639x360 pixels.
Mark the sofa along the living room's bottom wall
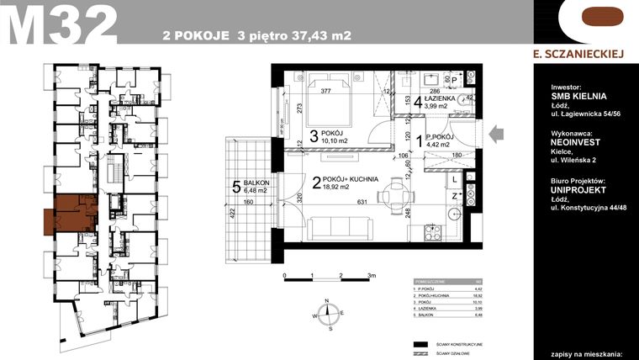[341, 229]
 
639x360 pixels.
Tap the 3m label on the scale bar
[370, 275]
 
